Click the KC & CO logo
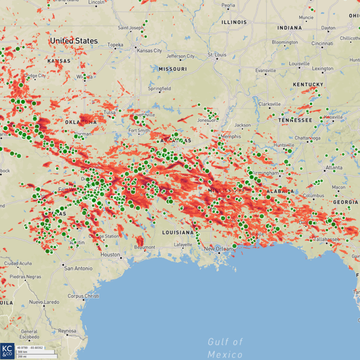click(x=7, y=351)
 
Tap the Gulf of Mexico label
click(x=225, y=348)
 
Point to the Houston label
click(x=110, y=255)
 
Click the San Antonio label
click(x=78, y=268)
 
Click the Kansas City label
click(x=149, y=51)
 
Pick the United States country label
click(x=74, y=41)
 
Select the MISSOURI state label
click(x=173, y=69)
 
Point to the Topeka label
click(x=115, y=45)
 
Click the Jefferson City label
click(x=181, y=56)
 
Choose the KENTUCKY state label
click(x=308, y=84)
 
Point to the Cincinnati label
click(x=321, y=44)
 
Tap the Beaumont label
click(x=145, y=247)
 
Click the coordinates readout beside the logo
click(x=30, y=348)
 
